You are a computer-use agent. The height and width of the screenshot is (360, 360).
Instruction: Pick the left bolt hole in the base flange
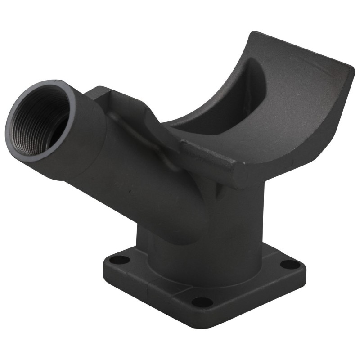pos(119,260)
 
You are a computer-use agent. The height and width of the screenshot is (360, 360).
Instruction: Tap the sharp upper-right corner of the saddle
pos(352,66)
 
